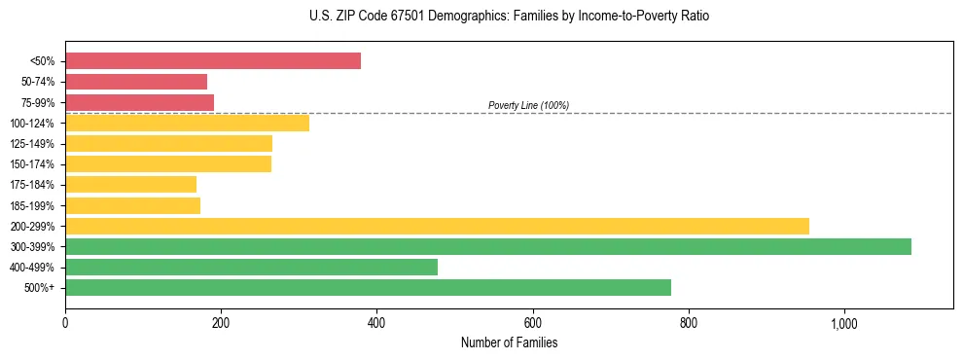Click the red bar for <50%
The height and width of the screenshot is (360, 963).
(213, 61)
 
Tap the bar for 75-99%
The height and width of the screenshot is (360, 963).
(139, 102)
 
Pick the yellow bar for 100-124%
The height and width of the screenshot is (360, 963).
(187, 123)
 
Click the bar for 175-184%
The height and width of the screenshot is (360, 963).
(130, 185)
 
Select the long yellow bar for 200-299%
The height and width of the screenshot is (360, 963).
(437, 226)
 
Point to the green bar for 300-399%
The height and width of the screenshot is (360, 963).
(488, 246)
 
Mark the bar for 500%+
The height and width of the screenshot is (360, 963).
(368, 288)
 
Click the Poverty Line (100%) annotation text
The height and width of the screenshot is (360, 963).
(528, 105)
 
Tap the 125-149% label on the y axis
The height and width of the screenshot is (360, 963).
(32, 144)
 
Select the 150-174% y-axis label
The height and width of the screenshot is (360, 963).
(32, 164)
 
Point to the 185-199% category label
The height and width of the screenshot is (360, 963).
(32, 205)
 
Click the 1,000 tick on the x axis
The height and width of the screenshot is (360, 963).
(843, 323)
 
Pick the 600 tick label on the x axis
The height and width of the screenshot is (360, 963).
(532, 323)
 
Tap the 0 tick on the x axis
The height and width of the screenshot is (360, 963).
(65, 323)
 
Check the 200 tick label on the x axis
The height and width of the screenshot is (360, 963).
(221, 323)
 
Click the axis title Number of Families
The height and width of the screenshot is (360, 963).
(509, 342)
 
